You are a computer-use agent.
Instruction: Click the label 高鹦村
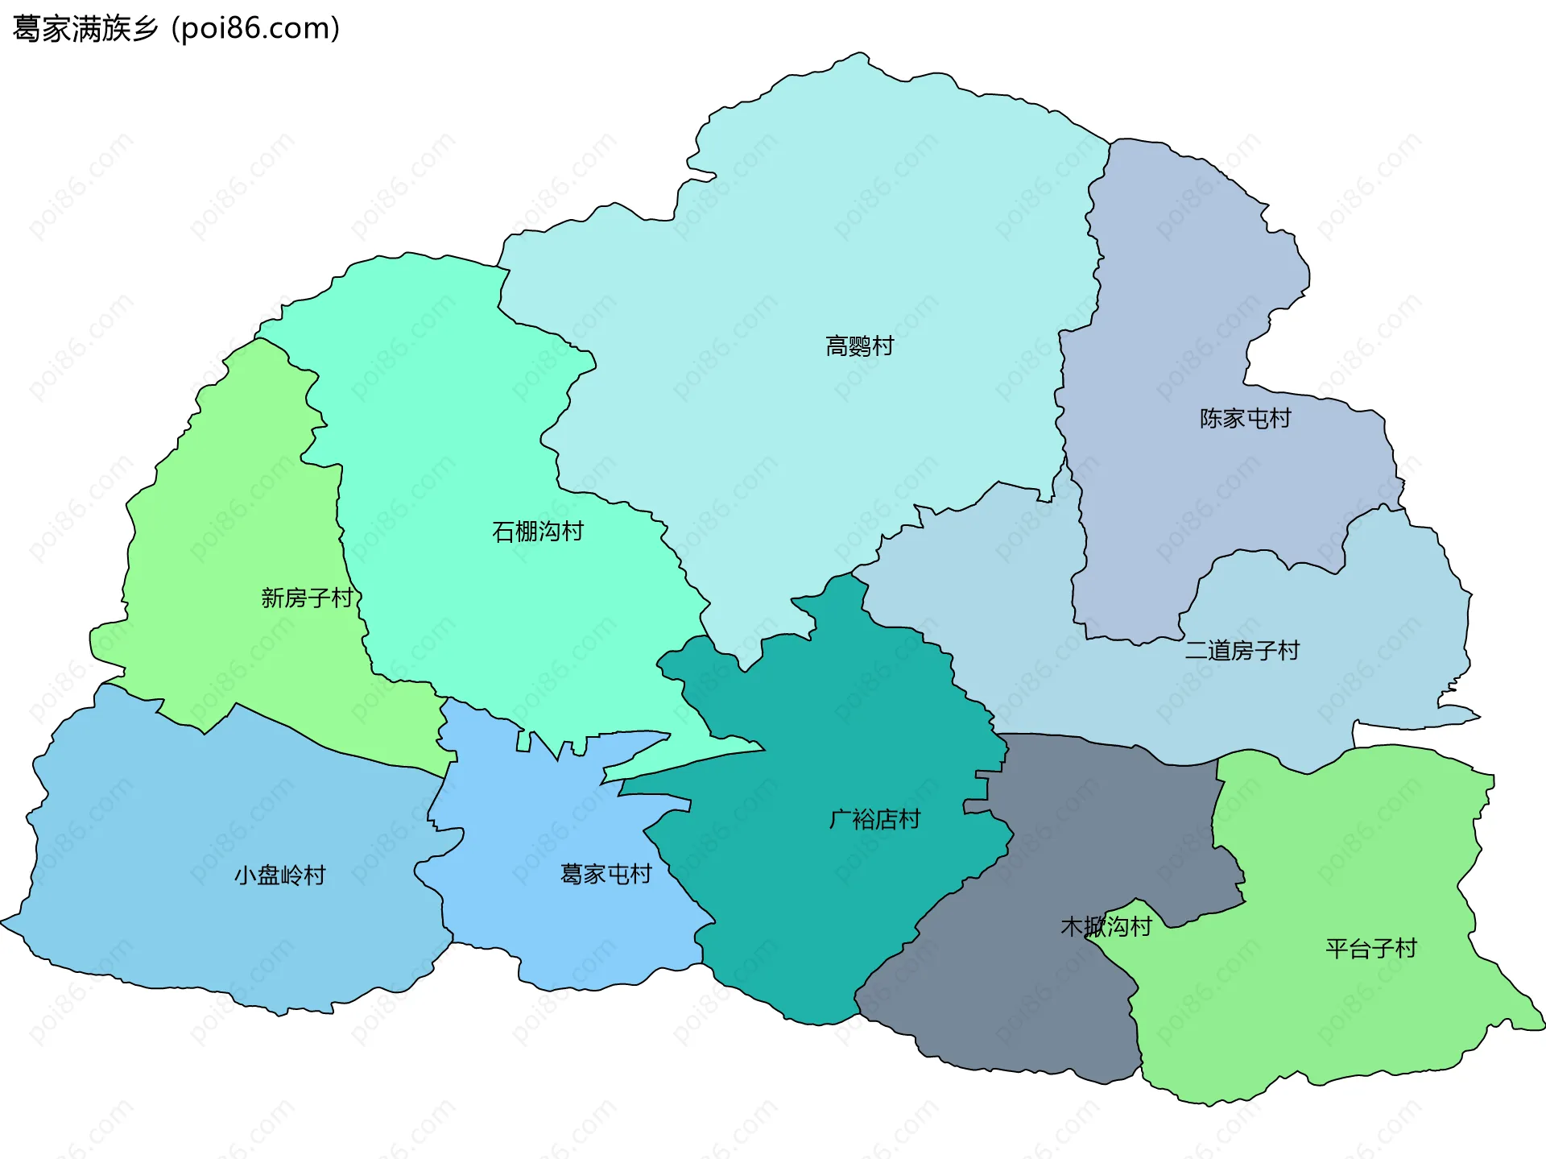point(859,346)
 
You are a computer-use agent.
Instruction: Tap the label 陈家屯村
point(1245,419)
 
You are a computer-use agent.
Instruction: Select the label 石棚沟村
point(537,532)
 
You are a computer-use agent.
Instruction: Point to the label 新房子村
point(307,598)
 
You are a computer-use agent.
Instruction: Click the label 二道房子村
point(1242,650)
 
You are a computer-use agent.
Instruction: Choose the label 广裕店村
point(874,819)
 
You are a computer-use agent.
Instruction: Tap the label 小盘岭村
point(279,875)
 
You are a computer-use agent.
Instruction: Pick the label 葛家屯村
point(606,874)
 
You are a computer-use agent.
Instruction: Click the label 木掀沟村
point(1106,926)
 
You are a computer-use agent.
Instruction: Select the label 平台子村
point(1370,948)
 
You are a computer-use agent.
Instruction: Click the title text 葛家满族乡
point(85,29)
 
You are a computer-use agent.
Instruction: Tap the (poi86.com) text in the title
point(256,29)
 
